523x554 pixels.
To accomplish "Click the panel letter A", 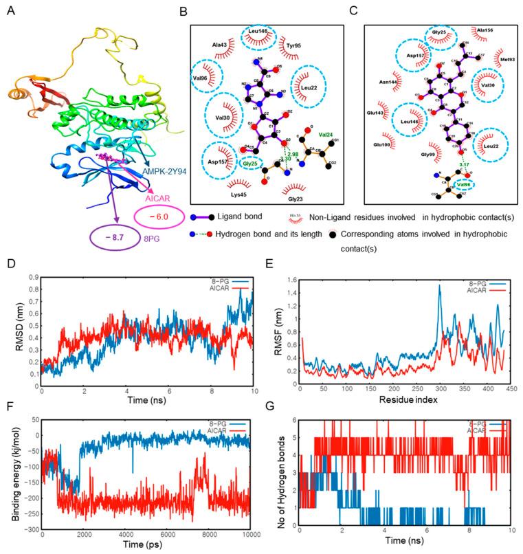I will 10,10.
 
